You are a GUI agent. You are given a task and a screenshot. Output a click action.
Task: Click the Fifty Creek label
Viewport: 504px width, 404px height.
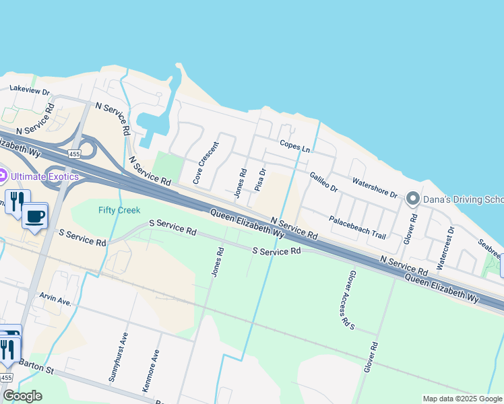119,210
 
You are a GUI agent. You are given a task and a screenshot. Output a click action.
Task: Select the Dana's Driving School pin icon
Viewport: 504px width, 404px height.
412,199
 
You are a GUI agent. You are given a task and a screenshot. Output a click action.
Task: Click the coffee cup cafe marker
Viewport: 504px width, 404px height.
34,216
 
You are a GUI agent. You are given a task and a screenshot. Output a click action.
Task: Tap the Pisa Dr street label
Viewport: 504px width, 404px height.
261,180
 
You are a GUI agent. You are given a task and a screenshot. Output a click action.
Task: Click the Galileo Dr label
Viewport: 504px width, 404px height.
323,182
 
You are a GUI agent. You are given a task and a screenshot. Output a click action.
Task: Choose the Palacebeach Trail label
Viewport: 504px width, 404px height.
357,228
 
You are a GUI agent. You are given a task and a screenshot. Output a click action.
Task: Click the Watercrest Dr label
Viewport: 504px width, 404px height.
445,248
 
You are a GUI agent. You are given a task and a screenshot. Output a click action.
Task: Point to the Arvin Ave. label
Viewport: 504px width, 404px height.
55,299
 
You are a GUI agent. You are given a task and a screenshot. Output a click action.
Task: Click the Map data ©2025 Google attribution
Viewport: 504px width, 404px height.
462,399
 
